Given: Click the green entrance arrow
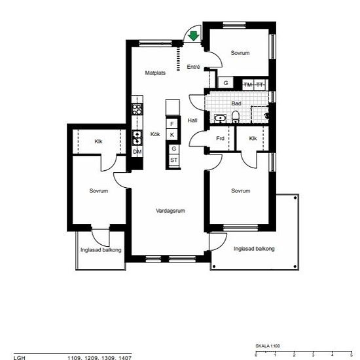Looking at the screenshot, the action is point(194,36).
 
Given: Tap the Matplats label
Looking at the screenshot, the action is point(155,73).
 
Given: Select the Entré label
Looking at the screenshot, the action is point(193,67).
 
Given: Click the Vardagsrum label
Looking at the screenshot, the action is point(170,211).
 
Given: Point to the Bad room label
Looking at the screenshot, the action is point(236,103).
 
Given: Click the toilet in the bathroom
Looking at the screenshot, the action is point(236,117).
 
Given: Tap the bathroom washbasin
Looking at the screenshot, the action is point(221,118).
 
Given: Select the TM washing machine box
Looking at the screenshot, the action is point(248,84).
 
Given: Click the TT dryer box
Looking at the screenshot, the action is point(260,84).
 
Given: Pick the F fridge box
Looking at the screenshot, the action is point(172,124).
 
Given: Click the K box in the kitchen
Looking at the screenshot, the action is point(172,135).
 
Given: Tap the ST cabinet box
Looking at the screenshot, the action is point(174,160).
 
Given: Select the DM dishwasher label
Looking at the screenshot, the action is point(137,152).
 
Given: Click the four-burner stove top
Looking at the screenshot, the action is point(137,109).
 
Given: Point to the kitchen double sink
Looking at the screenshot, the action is point(137,137).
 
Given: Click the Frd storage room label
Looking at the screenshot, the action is point(220,139).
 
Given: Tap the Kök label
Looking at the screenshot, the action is point(155,134).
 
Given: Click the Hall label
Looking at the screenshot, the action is point(192,120).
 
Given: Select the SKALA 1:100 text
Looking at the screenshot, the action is point(268,346).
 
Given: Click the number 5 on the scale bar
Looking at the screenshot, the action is point(351,355).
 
